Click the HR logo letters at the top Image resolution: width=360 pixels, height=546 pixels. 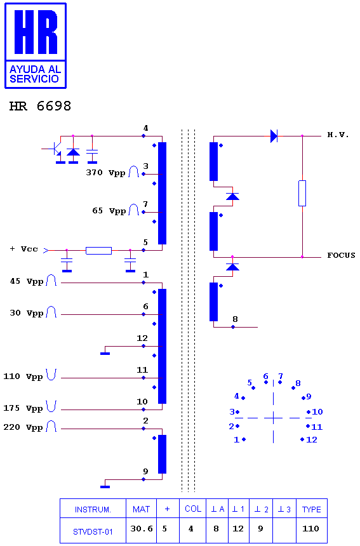point(36,32)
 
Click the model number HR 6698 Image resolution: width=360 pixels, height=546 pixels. point(40,106)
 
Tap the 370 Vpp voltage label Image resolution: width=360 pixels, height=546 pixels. point(105,173)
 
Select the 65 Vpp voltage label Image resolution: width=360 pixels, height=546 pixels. point(109,211)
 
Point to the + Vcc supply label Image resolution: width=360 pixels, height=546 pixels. point(23,249)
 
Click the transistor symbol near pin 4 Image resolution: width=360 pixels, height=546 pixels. point(56,149)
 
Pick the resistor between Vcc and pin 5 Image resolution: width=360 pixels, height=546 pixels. point(98,250)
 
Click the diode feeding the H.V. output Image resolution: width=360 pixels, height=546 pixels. point(274,136)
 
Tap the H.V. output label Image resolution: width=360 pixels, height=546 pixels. point(338,135)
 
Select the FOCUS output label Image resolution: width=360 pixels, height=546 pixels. point(341,255)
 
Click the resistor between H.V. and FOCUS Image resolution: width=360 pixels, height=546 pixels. point(302,193)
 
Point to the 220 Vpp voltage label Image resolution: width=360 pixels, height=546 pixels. point(23,427)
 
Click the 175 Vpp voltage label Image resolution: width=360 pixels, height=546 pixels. point(23,408)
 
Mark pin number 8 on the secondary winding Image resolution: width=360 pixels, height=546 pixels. point(236,319)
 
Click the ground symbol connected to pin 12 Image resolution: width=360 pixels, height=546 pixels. point(105,354)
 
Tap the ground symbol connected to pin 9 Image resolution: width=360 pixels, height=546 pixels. point(105,487)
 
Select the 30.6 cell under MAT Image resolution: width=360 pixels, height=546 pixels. point(142,529)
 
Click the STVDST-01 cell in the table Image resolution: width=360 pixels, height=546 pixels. point(93,532)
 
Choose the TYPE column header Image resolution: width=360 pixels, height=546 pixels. point(312,509)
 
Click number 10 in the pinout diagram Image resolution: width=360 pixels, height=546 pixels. point(317,411)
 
